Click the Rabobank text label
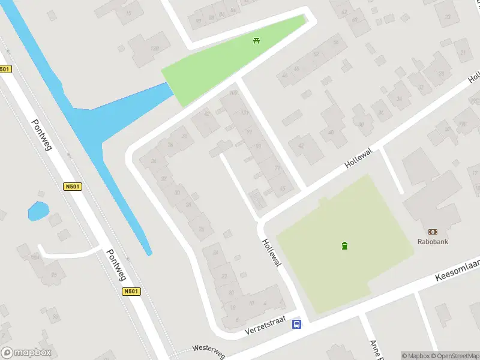(x=433, y=242)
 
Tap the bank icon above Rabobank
(x=433, y=232)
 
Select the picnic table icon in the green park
(x=257, y=40)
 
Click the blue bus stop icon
(x=296, y=325)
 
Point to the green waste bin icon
(x=344, y=245)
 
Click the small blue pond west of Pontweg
(x=38, y=211)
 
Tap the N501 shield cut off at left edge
(x=5, y=69)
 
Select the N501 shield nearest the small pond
(x=72, y=187)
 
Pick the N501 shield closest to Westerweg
(x=131, y=292)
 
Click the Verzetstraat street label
(x=263, y=327)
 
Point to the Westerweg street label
(x=208, y=351)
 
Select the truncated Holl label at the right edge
(x=474, y=77)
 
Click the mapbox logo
(x=26, y=353)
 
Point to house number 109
(x=233, y=93)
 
